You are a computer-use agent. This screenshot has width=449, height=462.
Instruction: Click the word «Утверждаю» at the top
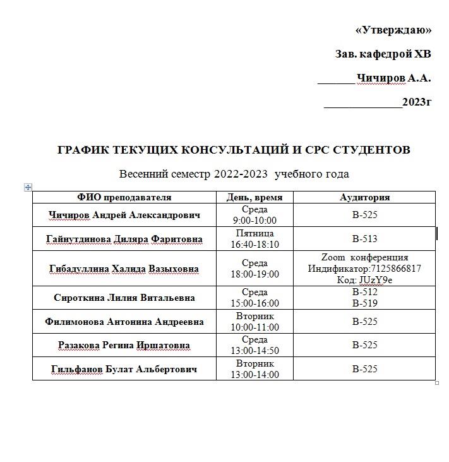click(x=393, y=30)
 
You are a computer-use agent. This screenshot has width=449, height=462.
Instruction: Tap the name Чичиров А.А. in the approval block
click(x=393, y=78)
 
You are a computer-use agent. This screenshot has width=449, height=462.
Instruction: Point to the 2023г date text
click(x=417, y=102)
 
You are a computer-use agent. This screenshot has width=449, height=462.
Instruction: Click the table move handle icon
click(x=28, y=187)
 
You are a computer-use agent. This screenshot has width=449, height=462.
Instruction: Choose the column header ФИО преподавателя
click(x=124, y=197)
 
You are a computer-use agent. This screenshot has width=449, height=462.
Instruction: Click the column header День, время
click(x=254, y=197)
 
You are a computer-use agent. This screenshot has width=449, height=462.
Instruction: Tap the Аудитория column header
click(x=364, y=197)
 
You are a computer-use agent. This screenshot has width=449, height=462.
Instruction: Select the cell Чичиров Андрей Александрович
click(x=124, y=215)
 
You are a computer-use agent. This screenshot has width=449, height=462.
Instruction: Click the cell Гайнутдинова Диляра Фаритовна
click(x=124, y=239)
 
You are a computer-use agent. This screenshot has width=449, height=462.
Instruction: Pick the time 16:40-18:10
click(x=254, y=245)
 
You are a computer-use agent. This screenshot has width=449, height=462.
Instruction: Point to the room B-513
click(x=364, y=239)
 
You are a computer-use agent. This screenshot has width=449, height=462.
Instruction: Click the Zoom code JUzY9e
click(x=375, y=280)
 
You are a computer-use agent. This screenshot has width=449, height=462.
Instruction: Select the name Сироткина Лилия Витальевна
click(x=124, y=298)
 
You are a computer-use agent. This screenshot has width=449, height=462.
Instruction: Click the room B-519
click(x=364, y=303)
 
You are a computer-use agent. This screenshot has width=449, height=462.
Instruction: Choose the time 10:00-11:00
click(x=254, y=327)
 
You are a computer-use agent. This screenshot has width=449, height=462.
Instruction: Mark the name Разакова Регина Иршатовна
click(x=124, y=346)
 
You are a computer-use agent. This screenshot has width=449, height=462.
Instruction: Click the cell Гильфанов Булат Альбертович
click(x=124, y=369)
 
